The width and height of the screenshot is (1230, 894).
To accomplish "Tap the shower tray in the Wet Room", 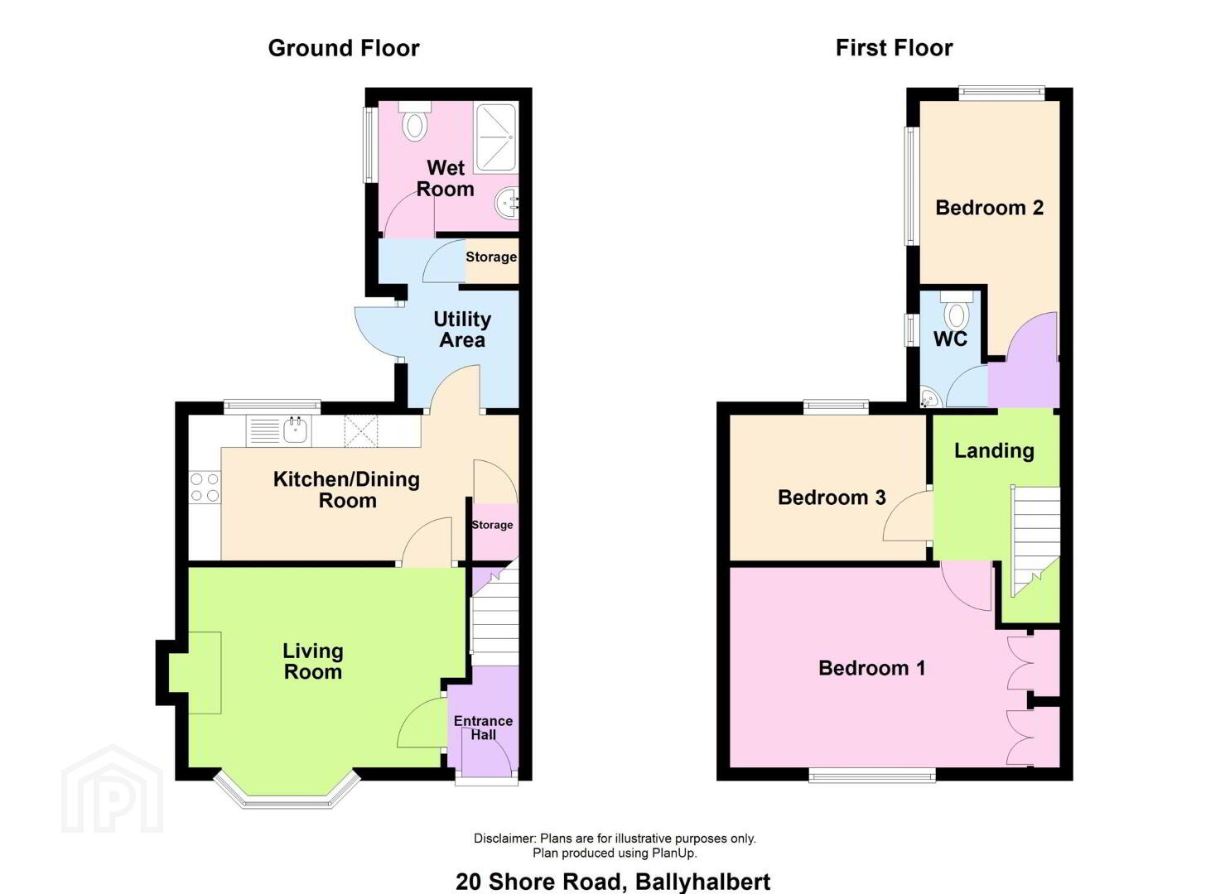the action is click(x=496, y=137).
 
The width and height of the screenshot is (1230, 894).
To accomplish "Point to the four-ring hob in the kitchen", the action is click(x=205, y=488).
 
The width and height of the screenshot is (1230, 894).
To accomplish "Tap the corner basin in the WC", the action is click(x=930, y=398).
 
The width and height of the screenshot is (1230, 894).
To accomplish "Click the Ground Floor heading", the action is click(x=344, y=48).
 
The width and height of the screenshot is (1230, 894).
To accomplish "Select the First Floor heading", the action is click(x=894, y=48).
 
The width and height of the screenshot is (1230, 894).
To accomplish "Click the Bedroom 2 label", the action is click(x=989, y=208).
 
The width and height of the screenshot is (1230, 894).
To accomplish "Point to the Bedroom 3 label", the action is click(x=832, y=497).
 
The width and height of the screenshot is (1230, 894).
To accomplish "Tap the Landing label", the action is click(x=994, y=450).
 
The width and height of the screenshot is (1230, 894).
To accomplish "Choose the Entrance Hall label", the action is click(x=483, y=728).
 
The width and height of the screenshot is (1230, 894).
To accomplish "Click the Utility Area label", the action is click(x=462, y=329).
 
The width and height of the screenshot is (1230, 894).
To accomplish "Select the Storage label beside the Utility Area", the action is click(x=491, y=257).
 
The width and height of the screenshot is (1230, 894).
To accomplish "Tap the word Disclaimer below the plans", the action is click(x=504, y=838).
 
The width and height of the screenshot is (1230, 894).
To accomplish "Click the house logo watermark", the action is click(x=113, y=789).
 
